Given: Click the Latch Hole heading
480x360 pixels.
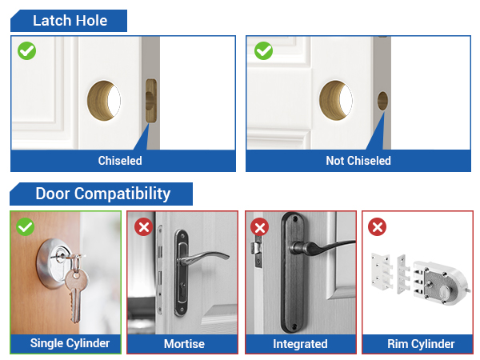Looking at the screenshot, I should click(70, 21).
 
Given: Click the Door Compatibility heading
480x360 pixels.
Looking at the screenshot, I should click(102, 194).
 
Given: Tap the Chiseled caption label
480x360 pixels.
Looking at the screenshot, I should click(120, 161).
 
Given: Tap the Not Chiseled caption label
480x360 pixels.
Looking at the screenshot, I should click(358, 161).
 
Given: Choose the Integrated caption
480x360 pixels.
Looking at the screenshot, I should click(300, 344).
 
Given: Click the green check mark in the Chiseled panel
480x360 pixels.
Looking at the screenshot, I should click(26, 51).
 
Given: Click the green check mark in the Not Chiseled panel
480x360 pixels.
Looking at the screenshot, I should click(263, 51).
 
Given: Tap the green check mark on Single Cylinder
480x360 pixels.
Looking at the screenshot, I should click(26, 227).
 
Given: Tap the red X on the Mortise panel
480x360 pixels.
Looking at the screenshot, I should click(144, 227).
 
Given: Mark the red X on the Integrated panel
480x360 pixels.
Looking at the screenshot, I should click(260, 227).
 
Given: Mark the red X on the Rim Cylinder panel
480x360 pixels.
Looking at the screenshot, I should click(378, 227).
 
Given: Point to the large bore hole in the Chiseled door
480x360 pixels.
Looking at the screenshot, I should click(104, 98).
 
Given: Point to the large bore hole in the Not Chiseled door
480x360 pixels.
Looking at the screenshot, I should click(337, 98).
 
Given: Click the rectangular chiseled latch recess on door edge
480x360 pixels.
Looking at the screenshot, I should click(150, 102).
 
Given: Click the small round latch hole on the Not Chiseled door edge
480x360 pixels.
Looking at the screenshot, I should click(382, 101).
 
